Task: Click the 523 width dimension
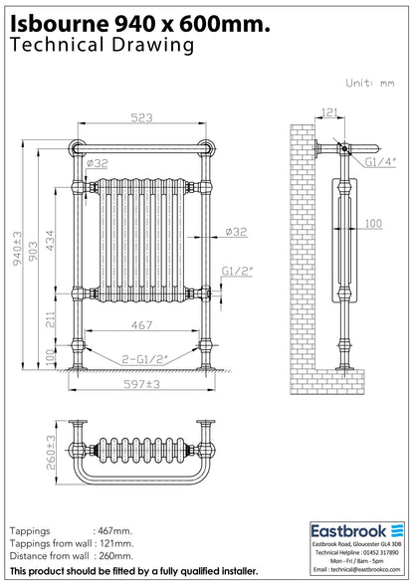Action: tap(142, 117)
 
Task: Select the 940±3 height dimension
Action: tap(18, 249)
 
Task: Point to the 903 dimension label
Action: tap(33, 251)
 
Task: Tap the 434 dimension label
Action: tap(50, 241)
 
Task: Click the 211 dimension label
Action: tap(51, 319)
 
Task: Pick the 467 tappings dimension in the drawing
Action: tap(142, 325)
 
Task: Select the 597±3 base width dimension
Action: tap(142, 384)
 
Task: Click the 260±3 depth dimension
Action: tap(51, 452)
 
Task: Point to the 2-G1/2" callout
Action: tap(145, 360)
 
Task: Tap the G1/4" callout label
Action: tap(380, 162)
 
